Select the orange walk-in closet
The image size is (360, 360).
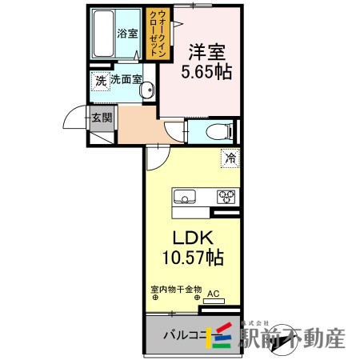pyautogui.click(x=154, y=32)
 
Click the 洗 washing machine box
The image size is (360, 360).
pyautogui.click(x=100, y=81)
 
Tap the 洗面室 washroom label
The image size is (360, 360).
pyautogui.click(x=126, y=80)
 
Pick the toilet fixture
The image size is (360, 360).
pyautogui.click(x=216, y=130)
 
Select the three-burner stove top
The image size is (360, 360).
pyautogui.click(x=225, y=196)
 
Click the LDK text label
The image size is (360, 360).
pyautogui.click(x=192, y=238)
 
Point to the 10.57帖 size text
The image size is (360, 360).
pyautogui.click(x=192, y=258)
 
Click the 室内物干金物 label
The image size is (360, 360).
pyautogui.click(x=174, y=291)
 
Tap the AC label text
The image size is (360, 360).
pyautogui.click(x=213, y=293)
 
